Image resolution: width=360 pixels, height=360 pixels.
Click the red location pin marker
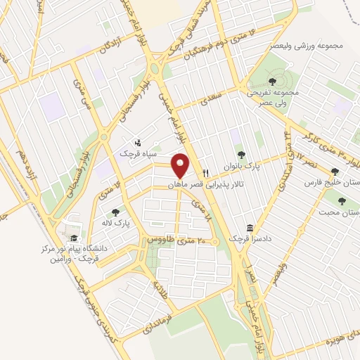coord(181,165)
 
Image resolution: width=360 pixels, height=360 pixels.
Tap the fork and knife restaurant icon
coord(205,172)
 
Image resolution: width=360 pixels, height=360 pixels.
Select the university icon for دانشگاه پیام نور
coord(75,238)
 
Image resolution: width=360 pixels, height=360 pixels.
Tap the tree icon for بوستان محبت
coord(342,200)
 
